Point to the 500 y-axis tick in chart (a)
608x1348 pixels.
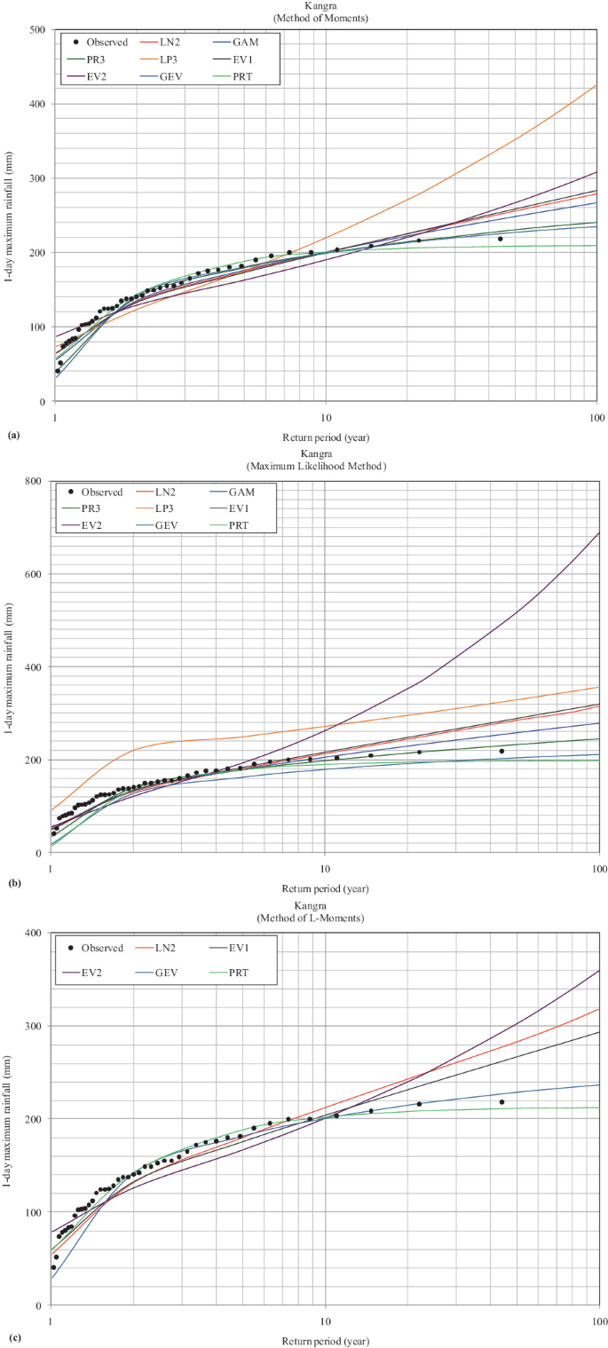tap(37, 29)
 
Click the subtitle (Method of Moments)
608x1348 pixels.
tap(324, 17)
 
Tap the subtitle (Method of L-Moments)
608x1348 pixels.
tap(324, 918)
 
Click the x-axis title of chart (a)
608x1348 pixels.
tap(325, 437)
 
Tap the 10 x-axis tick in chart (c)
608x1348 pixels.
tap(325, 1319)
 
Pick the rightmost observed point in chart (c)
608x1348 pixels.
tap(502, 1102)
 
